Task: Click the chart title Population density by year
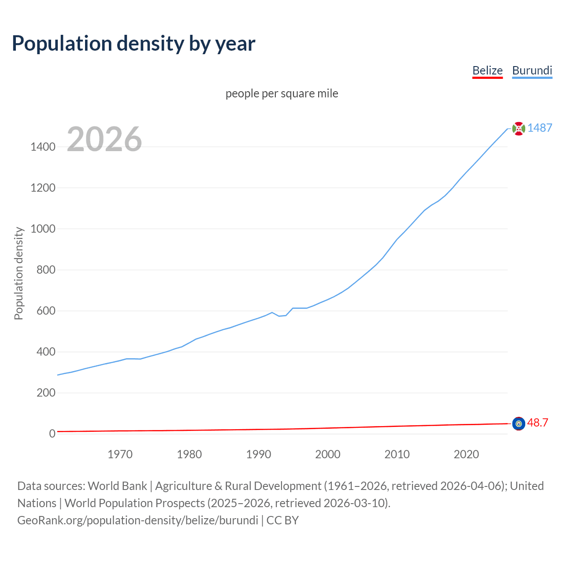pos(134,44)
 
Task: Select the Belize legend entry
pos(487,70)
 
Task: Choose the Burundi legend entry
pos(532,70)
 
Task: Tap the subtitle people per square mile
pos(282,93)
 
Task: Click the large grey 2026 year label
pos(104,139)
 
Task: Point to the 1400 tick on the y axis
pos(43,147)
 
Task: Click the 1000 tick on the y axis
pos(43,229)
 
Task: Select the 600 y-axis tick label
pos(46,311)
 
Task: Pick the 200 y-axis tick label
pos(46,393)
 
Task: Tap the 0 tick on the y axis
pos(52,434)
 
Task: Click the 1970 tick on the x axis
pos(120,454)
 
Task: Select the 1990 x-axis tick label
pos(259,454)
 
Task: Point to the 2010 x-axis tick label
pos(397,454)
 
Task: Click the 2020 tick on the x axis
pos(466,454)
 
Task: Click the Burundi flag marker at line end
pos(519,129)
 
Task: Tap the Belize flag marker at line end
pos(519,423)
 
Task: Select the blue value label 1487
pos(540,128)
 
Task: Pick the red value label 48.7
pos(538,423)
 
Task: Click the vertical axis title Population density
pos(19,273)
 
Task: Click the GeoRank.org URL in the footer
pos(137,520)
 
